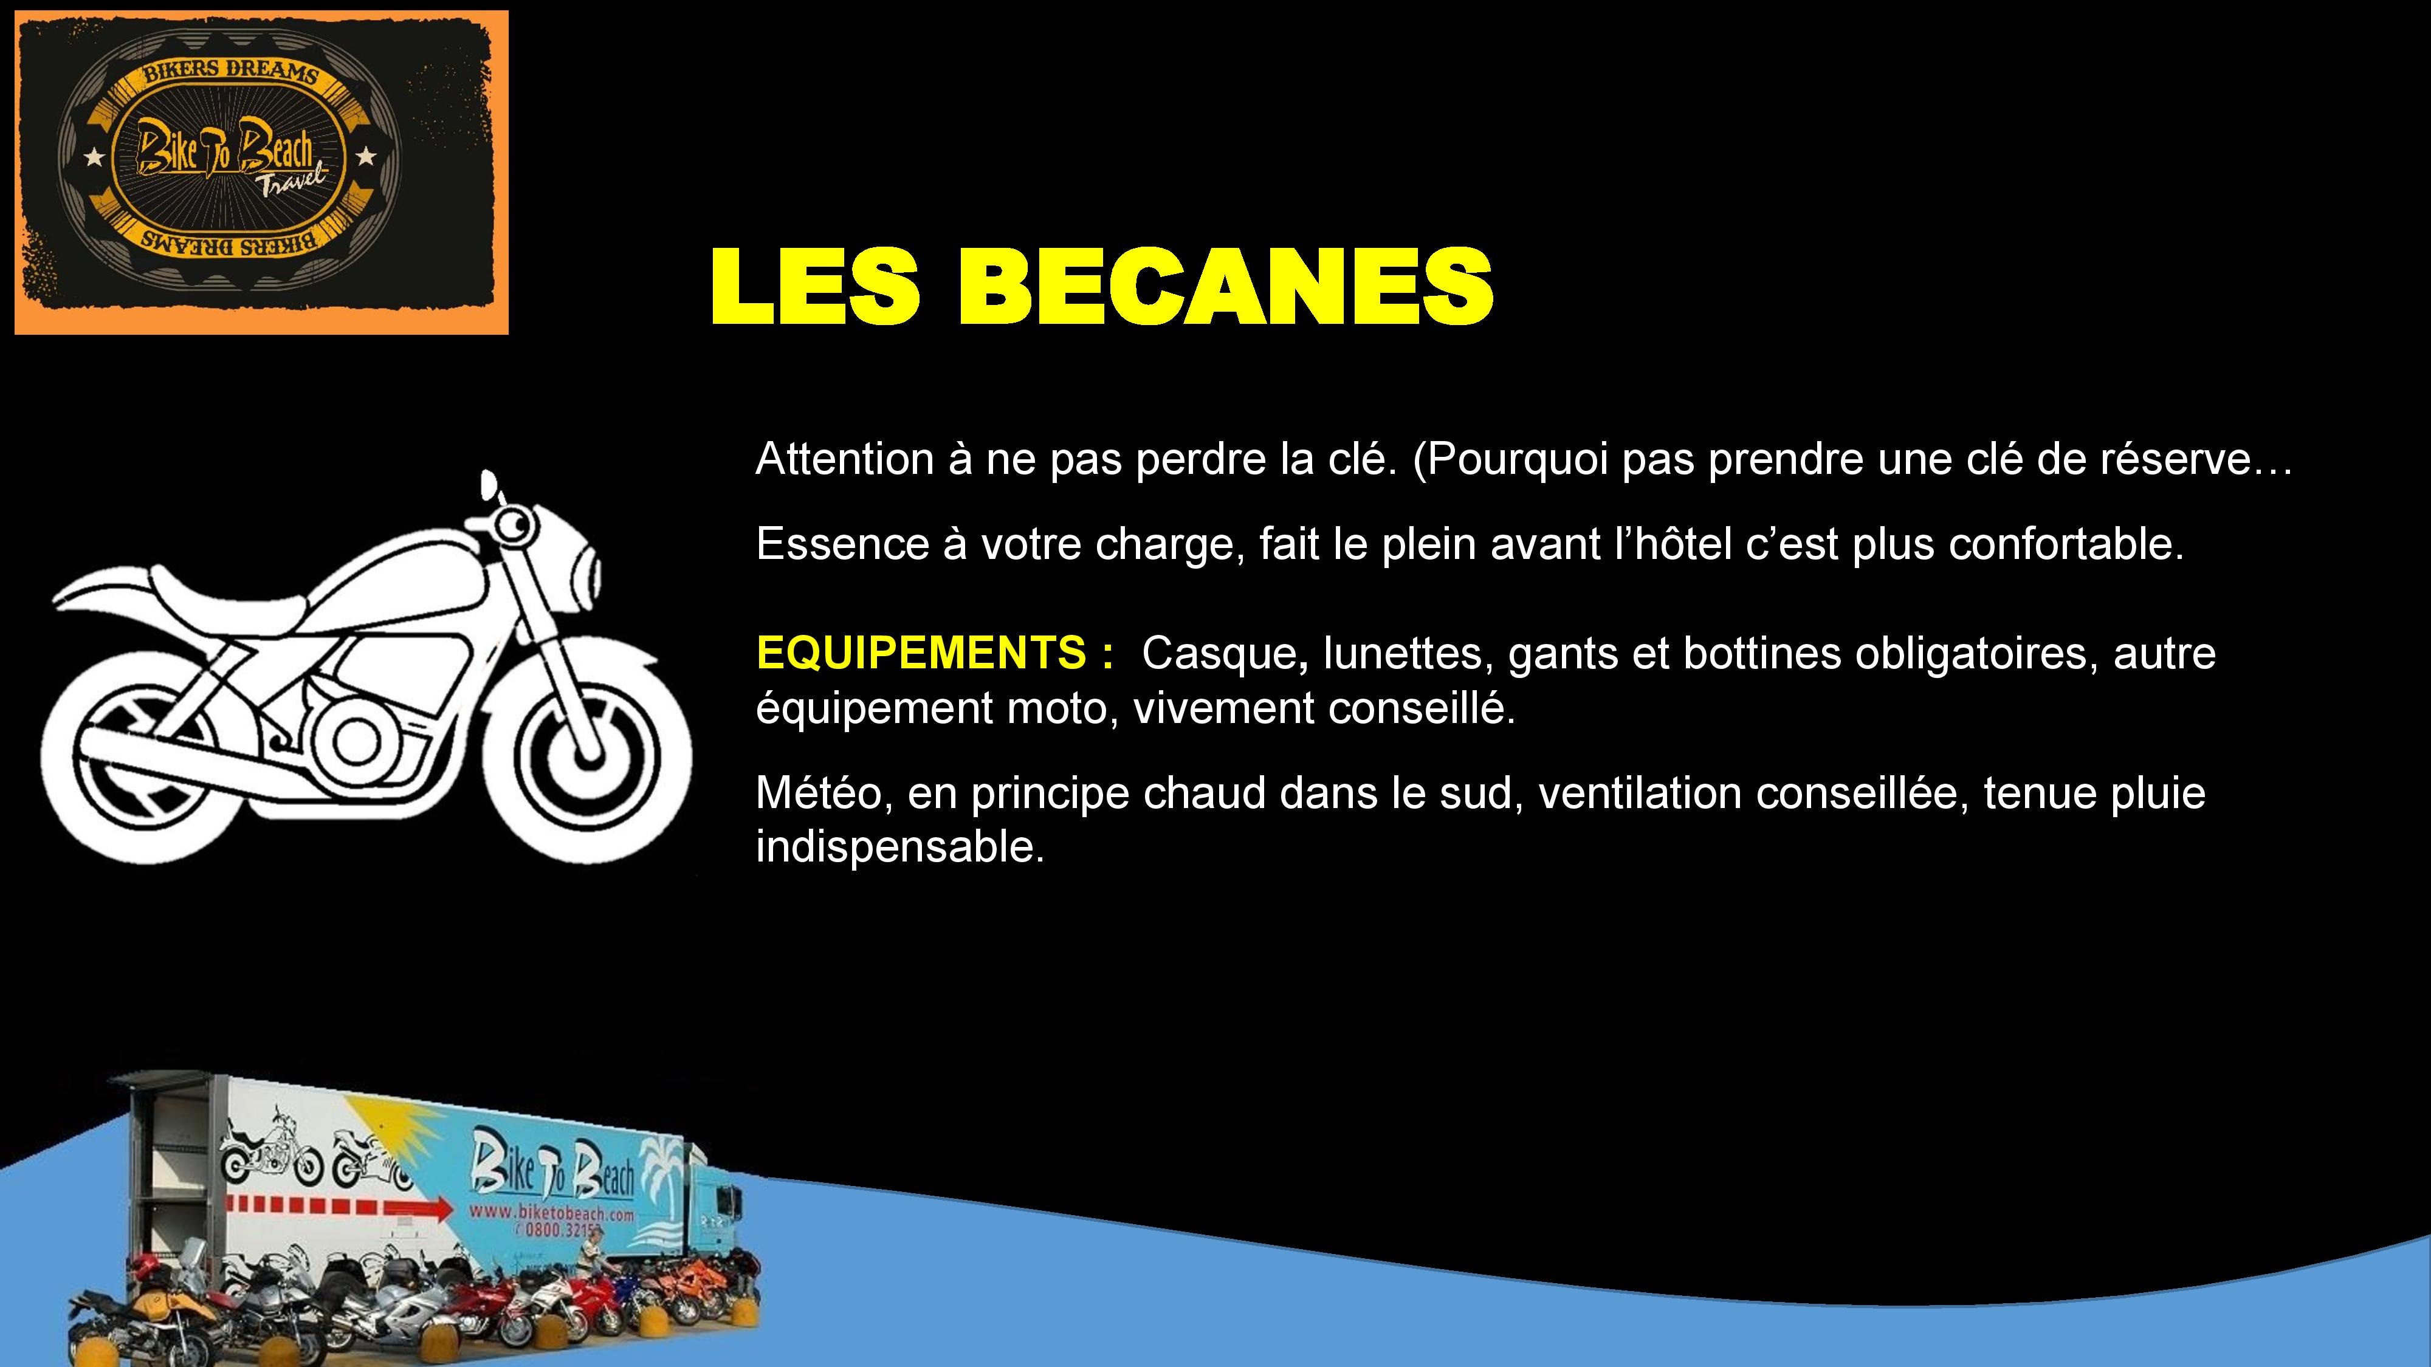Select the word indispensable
900,847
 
